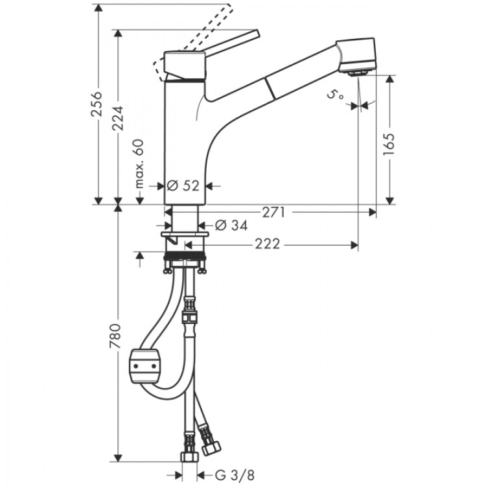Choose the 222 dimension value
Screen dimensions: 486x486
pyautogui.click(x=267, y=244)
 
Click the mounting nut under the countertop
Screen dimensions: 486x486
pyautogui.click(x=185, y=262)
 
